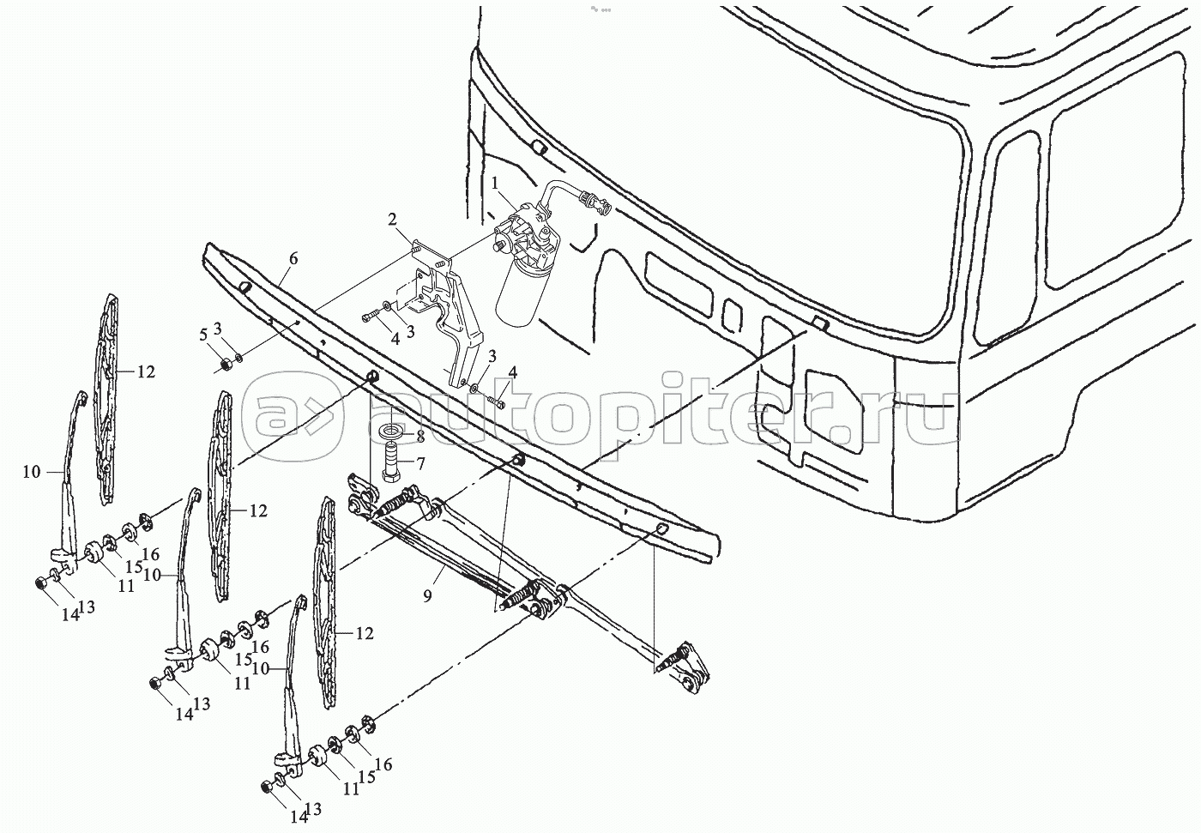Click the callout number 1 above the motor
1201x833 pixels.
click(x=494, y=182)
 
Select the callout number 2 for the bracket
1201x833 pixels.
click(x=391, y=220)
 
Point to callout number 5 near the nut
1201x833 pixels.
click(x=203, y=334)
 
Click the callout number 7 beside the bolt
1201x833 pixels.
click(x=421, y=464)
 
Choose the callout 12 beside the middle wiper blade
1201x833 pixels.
click(x=257, y=511)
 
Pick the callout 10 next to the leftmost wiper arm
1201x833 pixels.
click(x=32, y=472)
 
